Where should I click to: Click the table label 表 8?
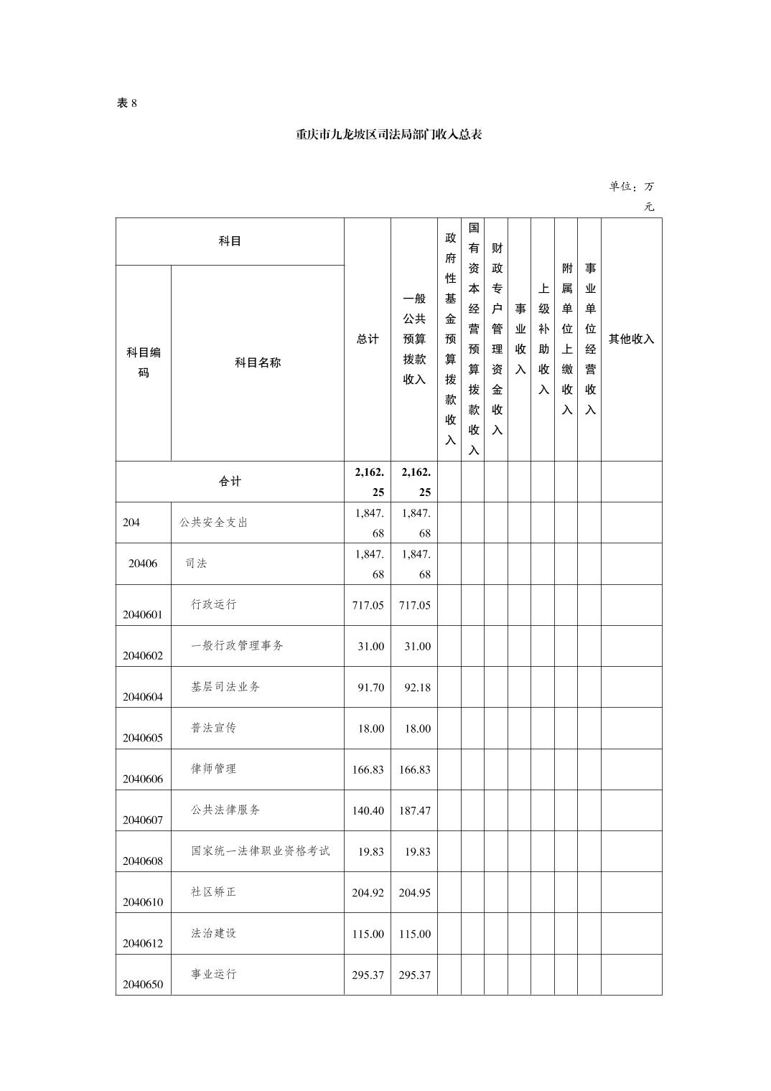(126, 103)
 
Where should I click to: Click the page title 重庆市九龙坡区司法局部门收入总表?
(388, 134)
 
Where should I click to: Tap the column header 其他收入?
(631, 339)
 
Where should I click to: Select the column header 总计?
(368, 339)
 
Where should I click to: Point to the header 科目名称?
(258, 362)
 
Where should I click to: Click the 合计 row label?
(230, 482)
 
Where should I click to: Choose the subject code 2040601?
(143, 614)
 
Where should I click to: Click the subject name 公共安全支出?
(213, 523)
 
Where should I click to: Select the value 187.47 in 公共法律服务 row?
(415, 810)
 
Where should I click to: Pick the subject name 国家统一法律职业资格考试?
(260, 851)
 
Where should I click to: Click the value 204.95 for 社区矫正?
(415, 893)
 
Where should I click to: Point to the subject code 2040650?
(143, 984)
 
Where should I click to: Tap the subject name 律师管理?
(213, 769)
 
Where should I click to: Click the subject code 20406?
(143, 563)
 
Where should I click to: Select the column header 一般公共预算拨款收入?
(414, 339)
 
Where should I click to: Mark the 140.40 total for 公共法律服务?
(368, 810)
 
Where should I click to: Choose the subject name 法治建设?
(213, 933)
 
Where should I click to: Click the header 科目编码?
(144, 362)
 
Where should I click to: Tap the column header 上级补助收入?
(543, 339)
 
